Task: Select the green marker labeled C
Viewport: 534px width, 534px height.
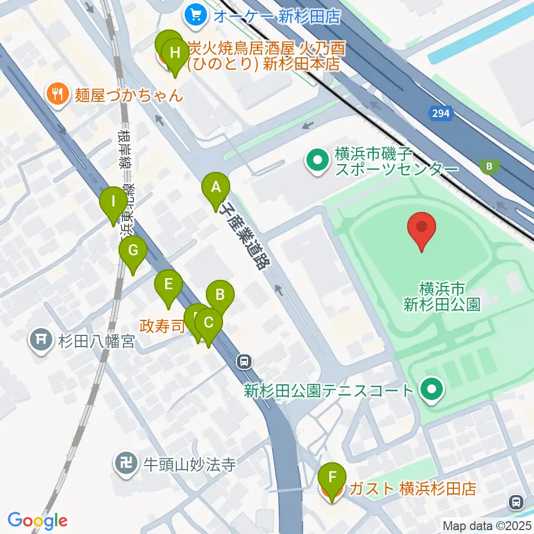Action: coord(209,322)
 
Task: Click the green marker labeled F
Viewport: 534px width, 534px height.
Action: coord(333,477)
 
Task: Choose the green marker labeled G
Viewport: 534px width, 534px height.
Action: coord(132,250)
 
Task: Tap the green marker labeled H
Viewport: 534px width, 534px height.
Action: coord(175,54)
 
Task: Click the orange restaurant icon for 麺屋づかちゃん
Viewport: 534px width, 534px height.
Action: coord(57,92)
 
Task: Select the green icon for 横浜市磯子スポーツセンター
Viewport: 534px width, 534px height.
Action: coord(318,161)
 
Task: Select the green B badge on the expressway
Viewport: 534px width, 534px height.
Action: coord(489,165)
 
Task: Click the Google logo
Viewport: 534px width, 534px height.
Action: coord(37,521)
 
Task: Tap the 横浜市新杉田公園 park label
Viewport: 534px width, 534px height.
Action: coord(442,296)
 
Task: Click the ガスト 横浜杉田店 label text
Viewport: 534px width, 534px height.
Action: coord(412,489)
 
